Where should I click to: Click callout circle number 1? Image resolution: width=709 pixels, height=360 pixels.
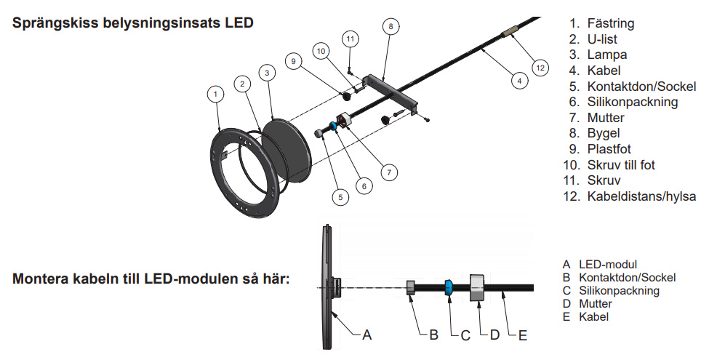click(x=215, y=93)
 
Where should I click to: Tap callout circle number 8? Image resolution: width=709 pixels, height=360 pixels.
click(x=390, y=26)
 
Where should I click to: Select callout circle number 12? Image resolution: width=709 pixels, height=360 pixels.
click(x=539, y=67)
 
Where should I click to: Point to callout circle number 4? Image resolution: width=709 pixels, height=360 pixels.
click(x=518, y=80)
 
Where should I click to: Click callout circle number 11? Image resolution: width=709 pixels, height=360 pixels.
click(x=351, y=38)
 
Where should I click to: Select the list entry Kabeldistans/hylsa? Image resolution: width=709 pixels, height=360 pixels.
click(x=639, y=196)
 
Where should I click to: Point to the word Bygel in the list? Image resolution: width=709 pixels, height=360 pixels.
click(x=605, y=133)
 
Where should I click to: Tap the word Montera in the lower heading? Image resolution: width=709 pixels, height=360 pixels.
click(x=41, y=278)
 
